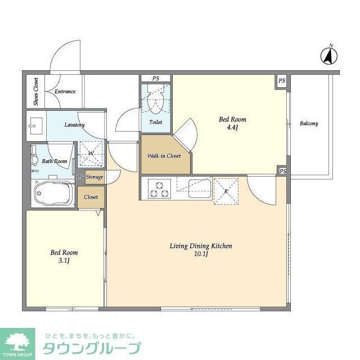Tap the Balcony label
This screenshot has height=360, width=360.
[x=308, y=123]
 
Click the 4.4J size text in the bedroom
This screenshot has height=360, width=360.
[x=232, y=127]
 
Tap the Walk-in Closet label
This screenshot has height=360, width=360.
[x=164, y=155]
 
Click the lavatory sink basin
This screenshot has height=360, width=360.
[x=35, y=125]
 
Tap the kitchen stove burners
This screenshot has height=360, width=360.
[x=159, y=188]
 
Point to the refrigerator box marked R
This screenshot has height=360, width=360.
[x=226, y=191]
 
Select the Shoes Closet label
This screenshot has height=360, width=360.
[x=36, y=91]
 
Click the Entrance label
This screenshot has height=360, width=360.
[x=65, y=92]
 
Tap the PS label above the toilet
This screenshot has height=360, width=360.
[x=156, y=78]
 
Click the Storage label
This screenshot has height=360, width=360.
[x=94, y=177]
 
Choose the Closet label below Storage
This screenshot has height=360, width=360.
[x=91, y=197]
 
